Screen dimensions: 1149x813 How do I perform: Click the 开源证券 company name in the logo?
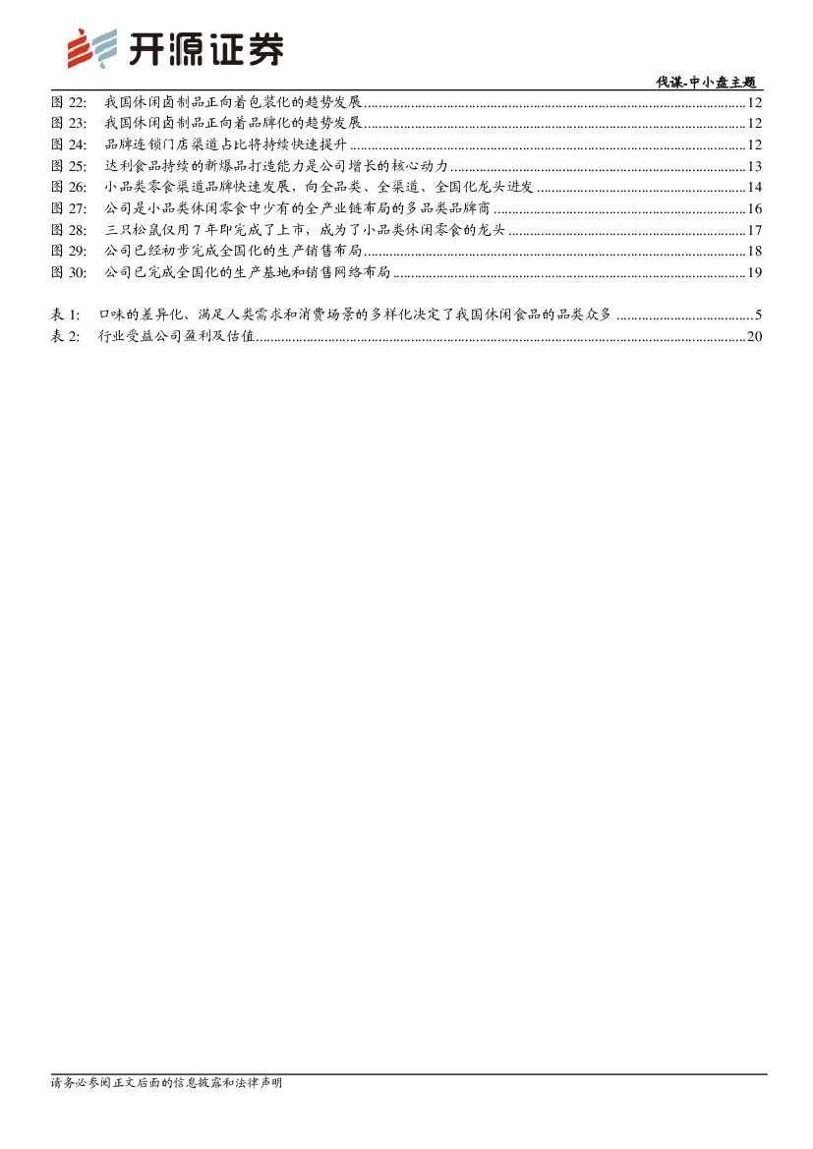coord(206,49)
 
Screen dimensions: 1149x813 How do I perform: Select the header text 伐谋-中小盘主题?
coord(707,83)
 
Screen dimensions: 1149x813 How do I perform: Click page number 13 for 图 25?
coord(755,166)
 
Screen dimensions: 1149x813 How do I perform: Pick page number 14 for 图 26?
coord(755,188)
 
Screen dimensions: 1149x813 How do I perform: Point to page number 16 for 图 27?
coord(755,208)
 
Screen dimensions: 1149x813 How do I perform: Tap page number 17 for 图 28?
coord(755,230)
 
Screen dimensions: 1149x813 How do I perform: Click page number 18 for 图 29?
coord(755,252)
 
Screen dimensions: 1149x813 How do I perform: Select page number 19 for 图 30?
coord(755,272)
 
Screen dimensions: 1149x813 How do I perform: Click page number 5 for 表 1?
coord(759,316)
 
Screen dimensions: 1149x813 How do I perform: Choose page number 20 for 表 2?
coord(755,337)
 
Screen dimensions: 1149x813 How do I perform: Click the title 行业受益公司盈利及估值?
coord(177,337)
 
